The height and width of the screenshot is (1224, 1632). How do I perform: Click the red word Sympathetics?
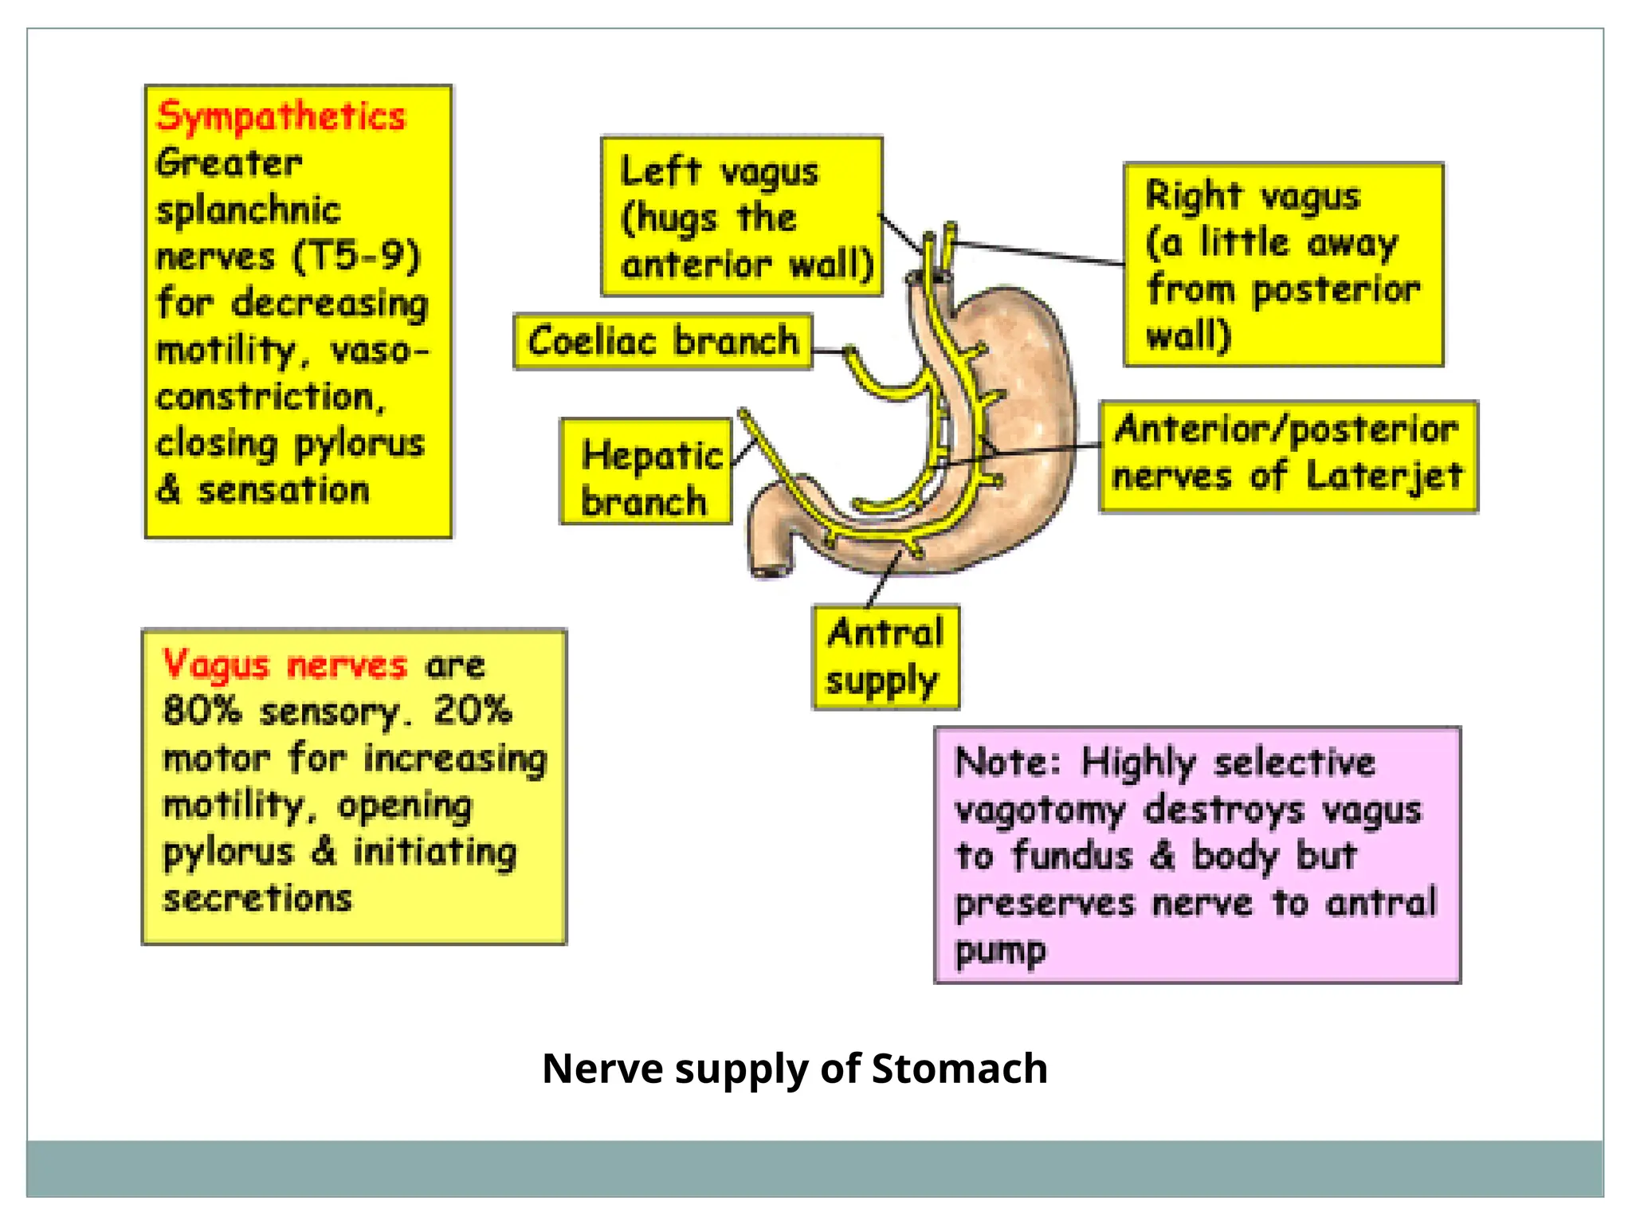pos(280,116)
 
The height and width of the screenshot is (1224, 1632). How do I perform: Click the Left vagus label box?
pos(742,217)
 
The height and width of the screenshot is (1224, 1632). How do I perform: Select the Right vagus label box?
pos(1283,265)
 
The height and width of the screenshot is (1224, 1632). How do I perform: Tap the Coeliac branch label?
pos(663,341)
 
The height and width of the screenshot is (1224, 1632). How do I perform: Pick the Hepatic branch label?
pos(645,472)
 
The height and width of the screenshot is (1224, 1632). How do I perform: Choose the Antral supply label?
pos(885,657)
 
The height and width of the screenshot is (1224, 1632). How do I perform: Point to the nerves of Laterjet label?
pos(1288,456)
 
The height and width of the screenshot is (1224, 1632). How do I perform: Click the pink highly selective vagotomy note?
pos(1197,854)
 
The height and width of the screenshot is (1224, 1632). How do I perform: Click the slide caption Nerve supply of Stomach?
pos(794,1068)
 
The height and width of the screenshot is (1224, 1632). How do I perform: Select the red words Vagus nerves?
pos(284,665)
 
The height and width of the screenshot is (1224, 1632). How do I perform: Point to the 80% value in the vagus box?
pos(202,711)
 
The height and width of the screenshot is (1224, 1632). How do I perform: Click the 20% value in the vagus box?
pos(473,711)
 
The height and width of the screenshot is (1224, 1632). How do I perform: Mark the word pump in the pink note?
pos(1000,950)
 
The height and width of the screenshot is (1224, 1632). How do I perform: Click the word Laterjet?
pos(1385,477)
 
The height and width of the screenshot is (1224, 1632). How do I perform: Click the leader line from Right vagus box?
pos(1036,252)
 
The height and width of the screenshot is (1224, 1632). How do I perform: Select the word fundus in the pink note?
pos(1073,856)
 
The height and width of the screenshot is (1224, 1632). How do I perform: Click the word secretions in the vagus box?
pos(257,898)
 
